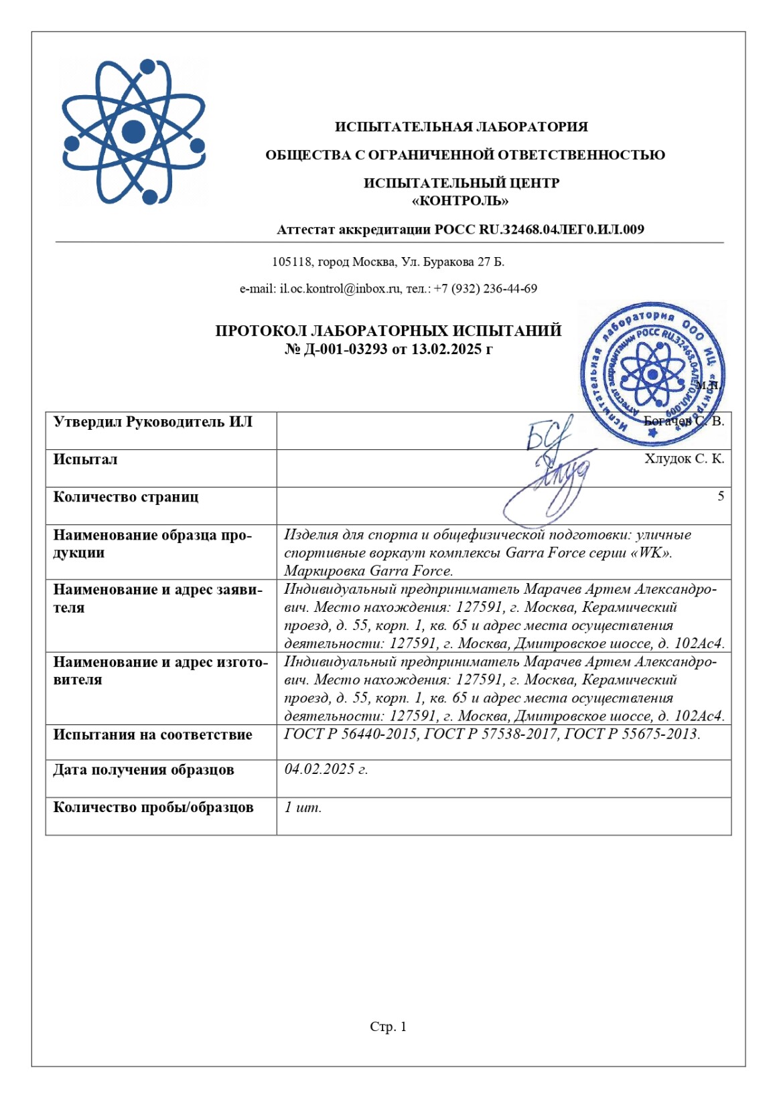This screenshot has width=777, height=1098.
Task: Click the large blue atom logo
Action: pos(133,132)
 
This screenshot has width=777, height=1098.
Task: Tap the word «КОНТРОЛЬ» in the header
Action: pos(461,201)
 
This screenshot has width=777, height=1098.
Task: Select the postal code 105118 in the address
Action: pos(292,262)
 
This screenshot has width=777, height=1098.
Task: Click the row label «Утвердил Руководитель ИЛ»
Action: pos(153,422)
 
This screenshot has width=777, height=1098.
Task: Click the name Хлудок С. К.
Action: pos(684,459)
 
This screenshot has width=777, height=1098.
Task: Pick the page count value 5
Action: pos(721,496)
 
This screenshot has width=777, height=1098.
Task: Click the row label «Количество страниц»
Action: pos(126,497)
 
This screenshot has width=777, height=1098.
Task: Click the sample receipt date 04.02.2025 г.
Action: pos(326,769)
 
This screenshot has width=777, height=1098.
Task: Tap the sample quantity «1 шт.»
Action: pos(303,807)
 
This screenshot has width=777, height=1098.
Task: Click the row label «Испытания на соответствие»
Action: pos(153,734)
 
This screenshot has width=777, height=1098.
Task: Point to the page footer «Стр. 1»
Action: pos(388,1026)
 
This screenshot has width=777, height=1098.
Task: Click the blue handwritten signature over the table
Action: pos(549,469)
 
